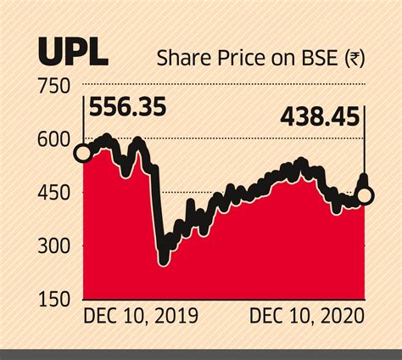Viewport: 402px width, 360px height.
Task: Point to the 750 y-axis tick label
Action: point(55,86)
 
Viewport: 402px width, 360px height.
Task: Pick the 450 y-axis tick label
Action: point(55,194)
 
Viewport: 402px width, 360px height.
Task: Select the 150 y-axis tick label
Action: point(55,301)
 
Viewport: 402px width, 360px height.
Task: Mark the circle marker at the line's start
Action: point(83,154)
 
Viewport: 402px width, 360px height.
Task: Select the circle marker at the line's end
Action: point(366,196)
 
